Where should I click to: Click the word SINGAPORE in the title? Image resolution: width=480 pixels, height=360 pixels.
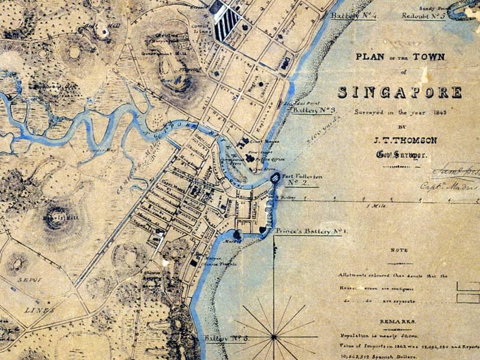click(x=400, y=92)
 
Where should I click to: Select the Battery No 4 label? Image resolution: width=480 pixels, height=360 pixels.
click(x=353, y=15)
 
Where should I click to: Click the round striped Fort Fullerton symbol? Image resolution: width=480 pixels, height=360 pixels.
click(x=275, y=178)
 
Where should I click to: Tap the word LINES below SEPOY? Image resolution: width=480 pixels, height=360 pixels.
click(x=40, y=310)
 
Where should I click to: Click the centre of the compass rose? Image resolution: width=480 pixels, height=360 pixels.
click(x=275, y=337)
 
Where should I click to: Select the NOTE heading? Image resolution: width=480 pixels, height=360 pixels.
click(x=398, y=250)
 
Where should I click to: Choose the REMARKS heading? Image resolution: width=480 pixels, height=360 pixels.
click(x=398, y=322)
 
